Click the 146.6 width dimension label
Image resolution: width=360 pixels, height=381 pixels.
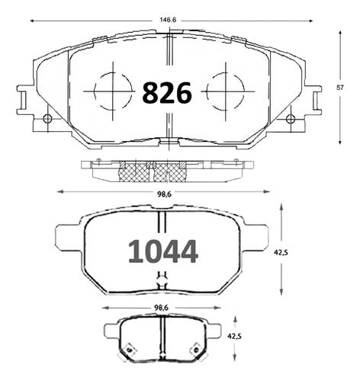click(168, 20)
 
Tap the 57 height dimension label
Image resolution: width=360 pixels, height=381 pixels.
click(340, 88)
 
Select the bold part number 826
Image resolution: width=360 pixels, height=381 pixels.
click(167, 92)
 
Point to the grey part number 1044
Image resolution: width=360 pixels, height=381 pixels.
click(163, 251)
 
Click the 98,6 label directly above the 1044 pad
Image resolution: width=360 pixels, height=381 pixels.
click(164, 194)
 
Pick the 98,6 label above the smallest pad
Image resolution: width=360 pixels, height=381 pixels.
click(161, 308)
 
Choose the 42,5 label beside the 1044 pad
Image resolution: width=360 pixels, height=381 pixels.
click(281, 252)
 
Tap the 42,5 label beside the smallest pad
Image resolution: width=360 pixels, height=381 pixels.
click(234, 336)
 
